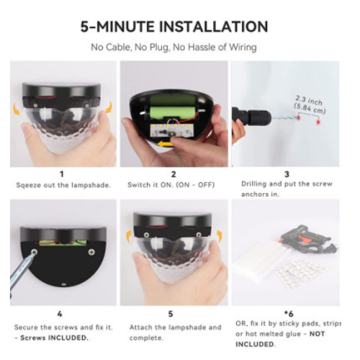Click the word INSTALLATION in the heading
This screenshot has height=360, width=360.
[x=213, y=27]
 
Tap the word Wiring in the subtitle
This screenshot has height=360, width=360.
[x=243, y=48]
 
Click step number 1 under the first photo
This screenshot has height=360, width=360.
[x=62, y=174]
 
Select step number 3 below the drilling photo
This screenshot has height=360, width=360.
[x=287, y=174]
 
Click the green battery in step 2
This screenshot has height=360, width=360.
[x=172, y=112]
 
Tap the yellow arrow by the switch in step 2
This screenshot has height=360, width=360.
[x=165, y=144]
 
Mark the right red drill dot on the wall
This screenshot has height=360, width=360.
[x=318, y=122]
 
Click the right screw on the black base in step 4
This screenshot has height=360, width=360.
[x=91, y=252]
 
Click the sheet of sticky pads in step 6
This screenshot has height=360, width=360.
[x=302, y=271]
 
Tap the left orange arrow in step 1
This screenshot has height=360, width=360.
[x=17, y=109]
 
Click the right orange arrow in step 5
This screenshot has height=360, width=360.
[x=220, y=236]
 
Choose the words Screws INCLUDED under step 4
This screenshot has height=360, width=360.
[x=54, y=338]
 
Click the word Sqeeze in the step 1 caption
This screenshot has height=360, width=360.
[x=25, y=185]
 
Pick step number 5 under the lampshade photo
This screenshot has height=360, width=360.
[x=171, y=314]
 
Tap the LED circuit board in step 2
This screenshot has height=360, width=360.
[x=172, y=130]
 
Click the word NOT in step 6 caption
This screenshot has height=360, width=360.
[x=317, y=333]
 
